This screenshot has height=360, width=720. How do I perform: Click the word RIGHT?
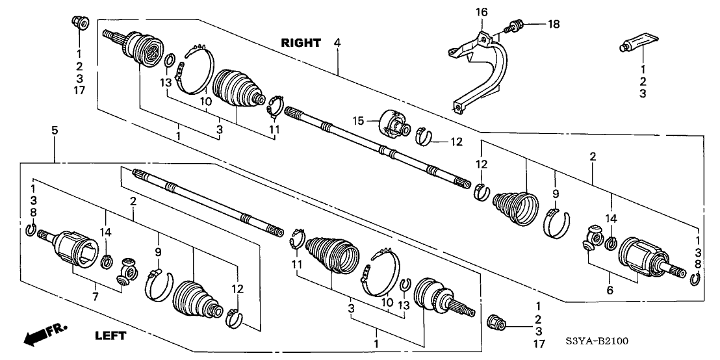click(x=301, y=44)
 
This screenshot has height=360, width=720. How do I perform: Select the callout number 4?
click(x=337, y=44)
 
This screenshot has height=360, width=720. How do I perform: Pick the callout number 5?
click(x=55, y=131)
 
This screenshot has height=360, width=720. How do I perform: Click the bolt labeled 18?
click(x=514, y=26)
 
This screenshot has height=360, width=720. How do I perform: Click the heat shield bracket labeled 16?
click(x=484, y=68)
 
